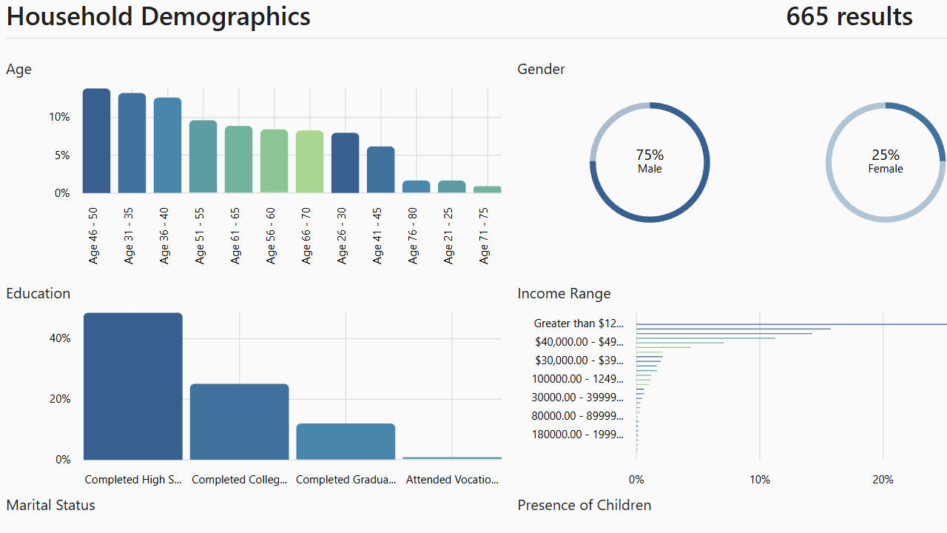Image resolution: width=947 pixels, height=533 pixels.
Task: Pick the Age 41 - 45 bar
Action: [380, 170]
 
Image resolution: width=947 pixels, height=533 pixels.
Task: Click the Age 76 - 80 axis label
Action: [414, 235]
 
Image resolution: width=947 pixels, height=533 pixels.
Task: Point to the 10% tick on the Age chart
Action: [59, 117]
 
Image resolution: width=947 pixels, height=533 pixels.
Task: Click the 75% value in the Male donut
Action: [650, 155]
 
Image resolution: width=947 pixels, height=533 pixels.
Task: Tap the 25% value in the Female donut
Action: [886, 155]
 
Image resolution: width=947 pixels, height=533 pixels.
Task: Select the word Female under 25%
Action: [886, 169]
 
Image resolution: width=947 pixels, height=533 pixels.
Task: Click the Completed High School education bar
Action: [133, 386]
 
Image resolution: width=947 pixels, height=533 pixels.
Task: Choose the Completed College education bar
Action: [239, 422]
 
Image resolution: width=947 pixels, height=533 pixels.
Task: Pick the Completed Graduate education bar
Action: [346, 442]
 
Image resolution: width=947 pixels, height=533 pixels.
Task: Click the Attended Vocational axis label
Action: [453, 480]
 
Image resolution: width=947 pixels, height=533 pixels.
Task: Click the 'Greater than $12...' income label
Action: [579, 324]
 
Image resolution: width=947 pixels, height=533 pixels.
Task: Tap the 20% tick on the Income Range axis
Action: [883, 480]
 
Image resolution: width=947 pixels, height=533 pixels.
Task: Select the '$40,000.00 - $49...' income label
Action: [579, 342]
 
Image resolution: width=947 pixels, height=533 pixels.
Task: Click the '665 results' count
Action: [849, 16]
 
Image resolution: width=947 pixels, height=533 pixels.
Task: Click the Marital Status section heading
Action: [51, 505]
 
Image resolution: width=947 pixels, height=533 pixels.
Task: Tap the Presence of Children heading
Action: [584, 505]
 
